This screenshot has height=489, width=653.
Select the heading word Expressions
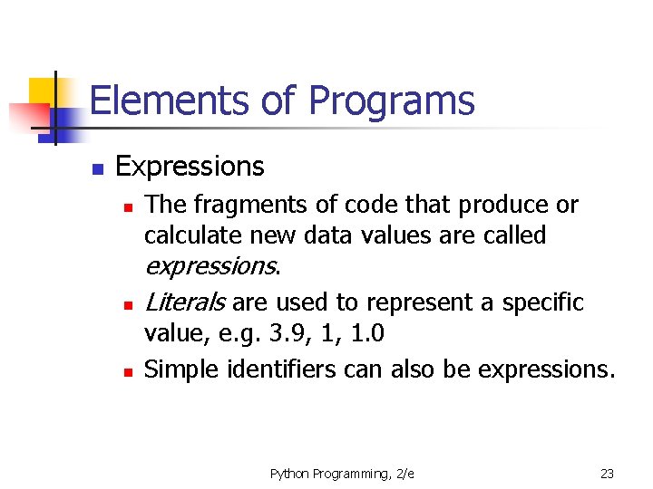(190, 167)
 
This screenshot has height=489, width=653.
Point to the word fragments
(236, 206)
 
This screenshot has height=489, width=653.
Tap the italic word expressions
(210, 266)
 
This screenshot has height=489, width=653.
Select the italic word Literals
(185, 302)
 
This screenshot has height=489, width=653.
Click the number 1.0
(366, 334)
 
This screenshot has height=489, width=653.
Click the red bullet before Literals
(129, 304)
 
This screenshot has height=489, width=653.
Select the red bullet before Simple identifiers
(129, 372)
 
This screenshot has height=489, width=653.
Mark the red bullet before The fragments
(129, 208)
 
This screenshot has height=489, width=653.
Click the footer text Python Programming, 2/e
(342, 474)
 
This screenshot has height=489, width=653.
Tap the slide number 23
(607, 474)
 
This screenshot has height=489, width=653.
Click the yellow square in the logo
(43, 92)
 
